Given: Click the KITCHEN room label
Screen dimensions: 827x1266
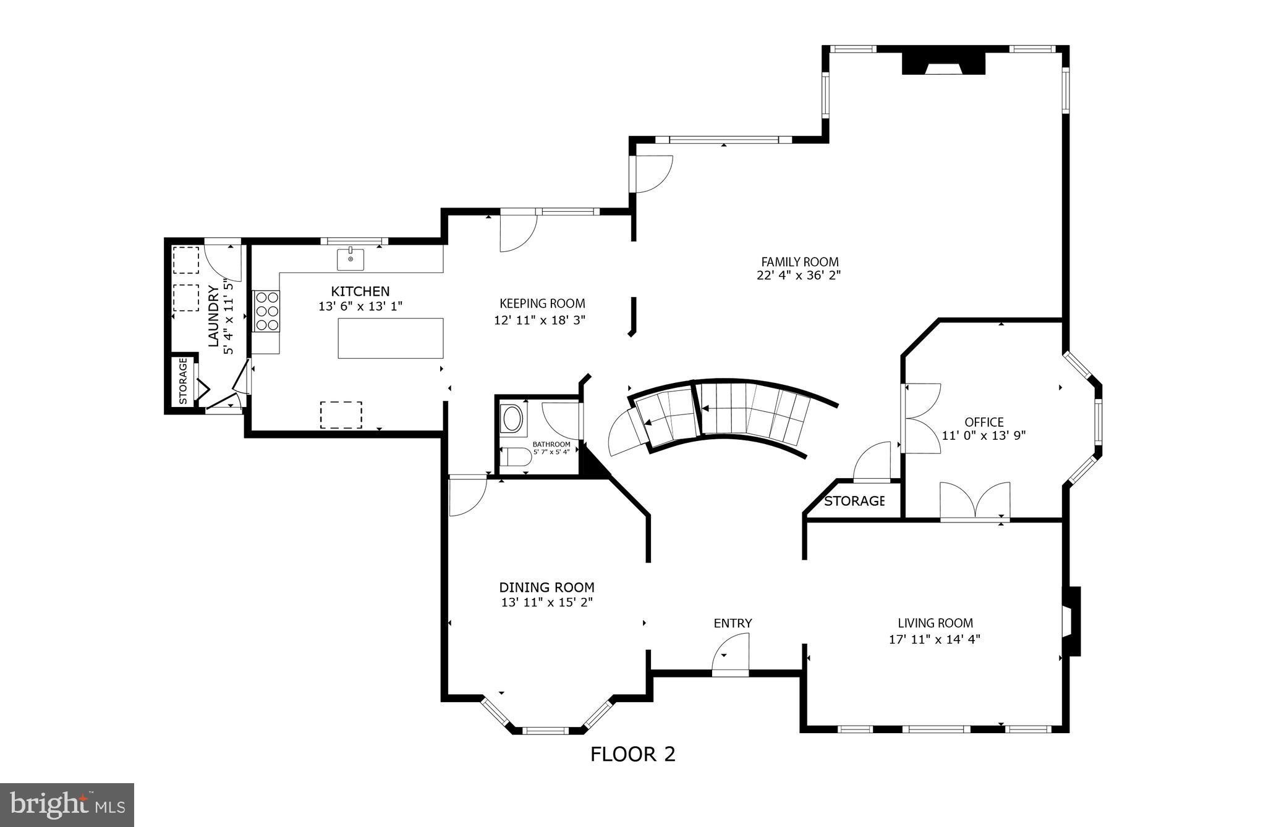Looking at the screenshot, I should (x=360, y=291).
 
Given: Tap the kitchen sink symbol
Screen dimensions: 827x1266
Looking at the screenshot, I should (x=350, y=259).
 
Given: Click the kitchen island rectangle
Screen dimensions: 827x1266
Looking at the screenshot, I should (x=391, y=338).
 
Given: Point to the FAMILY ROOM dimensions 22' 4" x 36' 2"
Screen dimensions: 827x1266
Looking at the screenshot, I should (x=799, y=275).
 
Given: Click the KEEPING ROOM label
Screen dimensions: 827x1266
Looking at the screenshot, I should (x=542, y=303).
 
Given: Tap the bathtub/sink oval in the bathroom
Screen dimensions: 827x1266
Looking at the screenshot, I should (x=513, y=418).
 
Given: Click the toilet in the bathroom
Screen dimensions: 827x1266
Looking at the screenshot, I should (x=516, y=458).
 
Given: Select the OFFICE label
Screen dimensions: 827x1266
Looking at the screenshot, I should (x=983, y=422).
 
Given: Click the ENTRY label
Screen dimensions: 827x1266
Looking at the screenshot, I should (x=733, y=623).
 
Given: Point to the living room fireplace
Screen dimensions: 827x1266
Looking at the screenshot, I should (x=1071, y=621).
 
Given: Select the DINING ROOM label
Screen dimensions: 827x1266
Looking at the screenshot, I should (x=546, y=587).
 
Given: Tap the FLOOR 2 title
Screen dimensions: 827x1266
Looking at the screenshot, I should (x=632, y=754).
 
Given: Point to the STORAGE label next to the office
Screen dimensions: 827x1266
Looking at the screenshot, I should (x=854, y=501).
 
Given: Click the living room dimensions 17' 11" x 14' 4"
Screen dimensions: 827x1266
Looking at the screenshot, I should (x=934, y=639).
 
